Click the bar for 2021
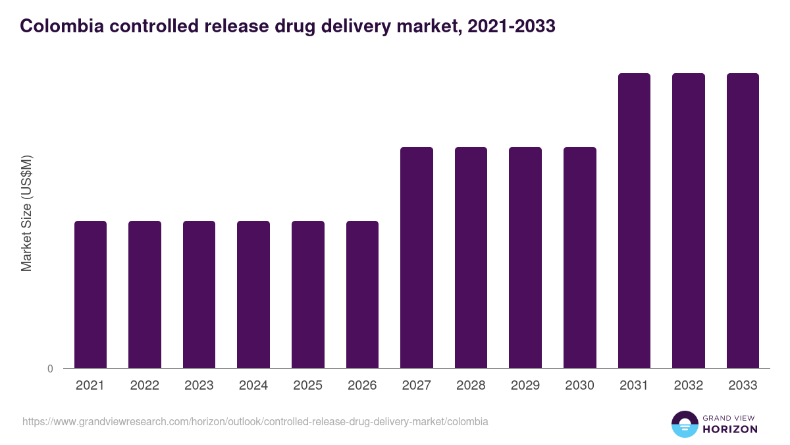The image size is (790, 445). (x=90, y=294)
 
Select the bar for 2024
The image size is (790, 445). (x=253, y=294)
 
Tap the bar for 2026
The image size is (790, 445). (x=362, y=294)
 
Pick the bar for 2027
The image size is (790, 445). (x=417, y=257)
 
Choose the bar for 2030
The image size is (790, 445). (x=580, y=257)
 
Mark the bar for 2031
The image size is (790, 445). (x=634, y=220)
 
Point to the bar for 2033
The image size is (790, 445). (x=743, y=220)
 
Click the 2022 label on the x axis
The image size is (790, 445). (x=144, y=386)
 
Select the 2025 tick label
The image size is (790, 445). (x=307, y=386)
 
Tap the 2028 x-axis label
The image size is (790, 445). (x=471, y=386)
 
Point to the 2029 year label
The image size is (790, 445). (x=525, y=386)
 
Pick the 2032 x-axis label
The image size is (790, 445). (x=689, y=386)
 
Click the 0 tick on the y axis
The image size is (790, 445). (x=50, y=369)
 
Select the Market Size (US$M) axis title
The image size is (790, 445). (x=26, y=213)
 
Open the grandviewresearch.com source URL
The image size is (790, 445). (x=255, y=421)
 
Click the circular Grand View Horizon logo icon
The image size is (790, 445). (x=685, y=424)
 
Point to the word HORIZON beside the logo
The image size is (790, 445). (x=730, y=429)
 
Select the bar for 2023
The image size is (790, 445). (x=199, y=294)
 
